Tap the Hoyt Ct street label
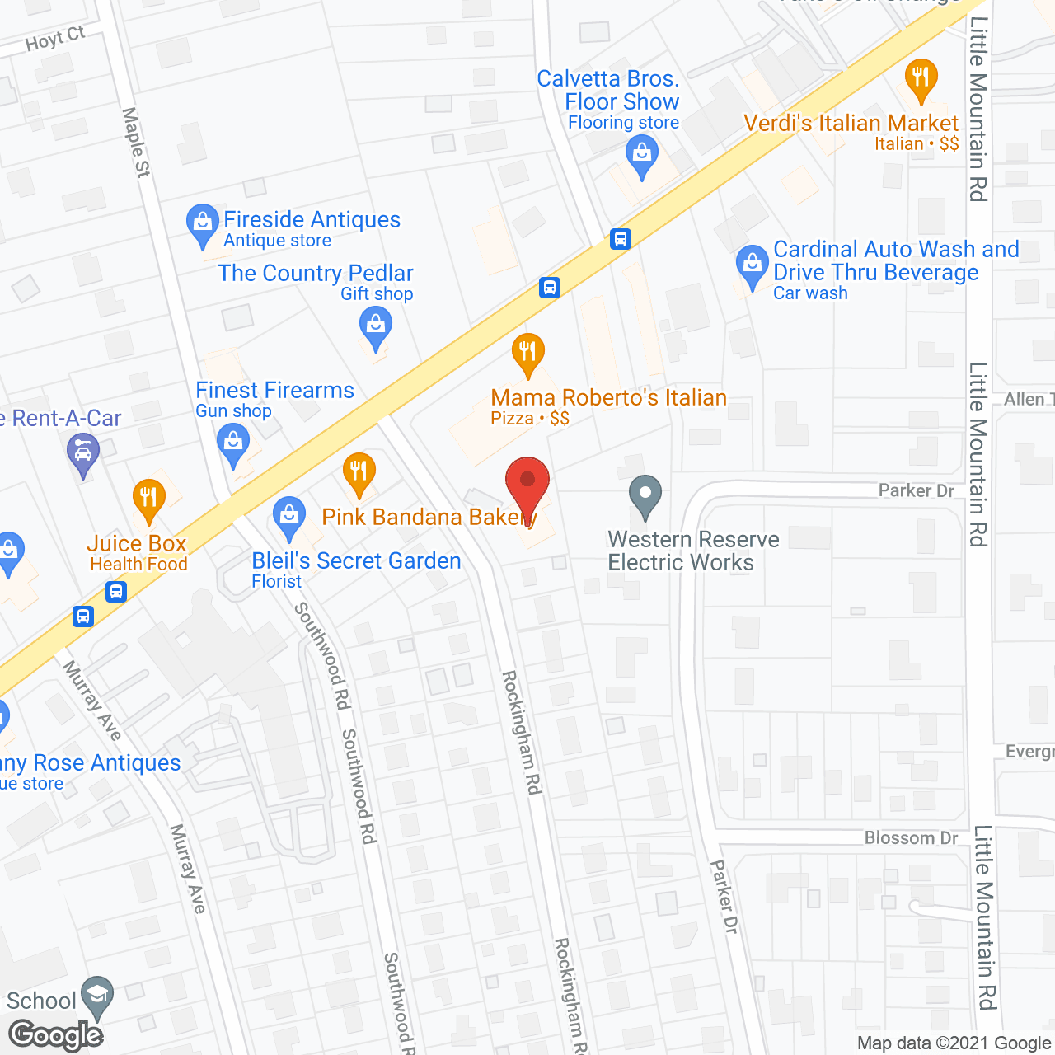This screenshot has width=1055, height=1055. [x=54, y=39]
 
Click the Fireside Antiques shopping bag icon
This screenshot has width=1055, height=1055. [x=202, y=223]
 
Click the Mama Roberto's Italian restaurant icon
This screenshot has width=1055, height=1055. [x=527, y=352]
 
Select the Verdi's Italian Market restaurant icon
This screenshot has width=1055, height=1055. [x=921, y=78]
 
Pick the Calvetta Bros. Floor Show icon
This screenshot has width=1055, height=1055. [x=641, y=154]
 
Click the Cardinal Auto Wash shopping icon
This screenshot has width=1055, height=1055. [x=752, y=265]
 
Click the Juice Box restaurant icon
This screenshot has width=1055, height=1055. [x=148, y=498]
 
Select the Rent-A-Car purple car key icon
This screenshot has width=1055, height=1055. [x=82, y=452]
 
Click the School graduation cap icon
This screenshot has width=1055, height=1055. [x=98, y=995]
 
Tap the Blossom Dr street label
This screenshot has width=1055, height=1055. [x=911, y=838]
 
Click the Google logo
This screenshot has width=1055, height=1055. [x=56, y=1035]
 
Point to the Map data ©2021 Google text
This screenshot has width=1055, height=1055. [x=954, y=1043]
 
